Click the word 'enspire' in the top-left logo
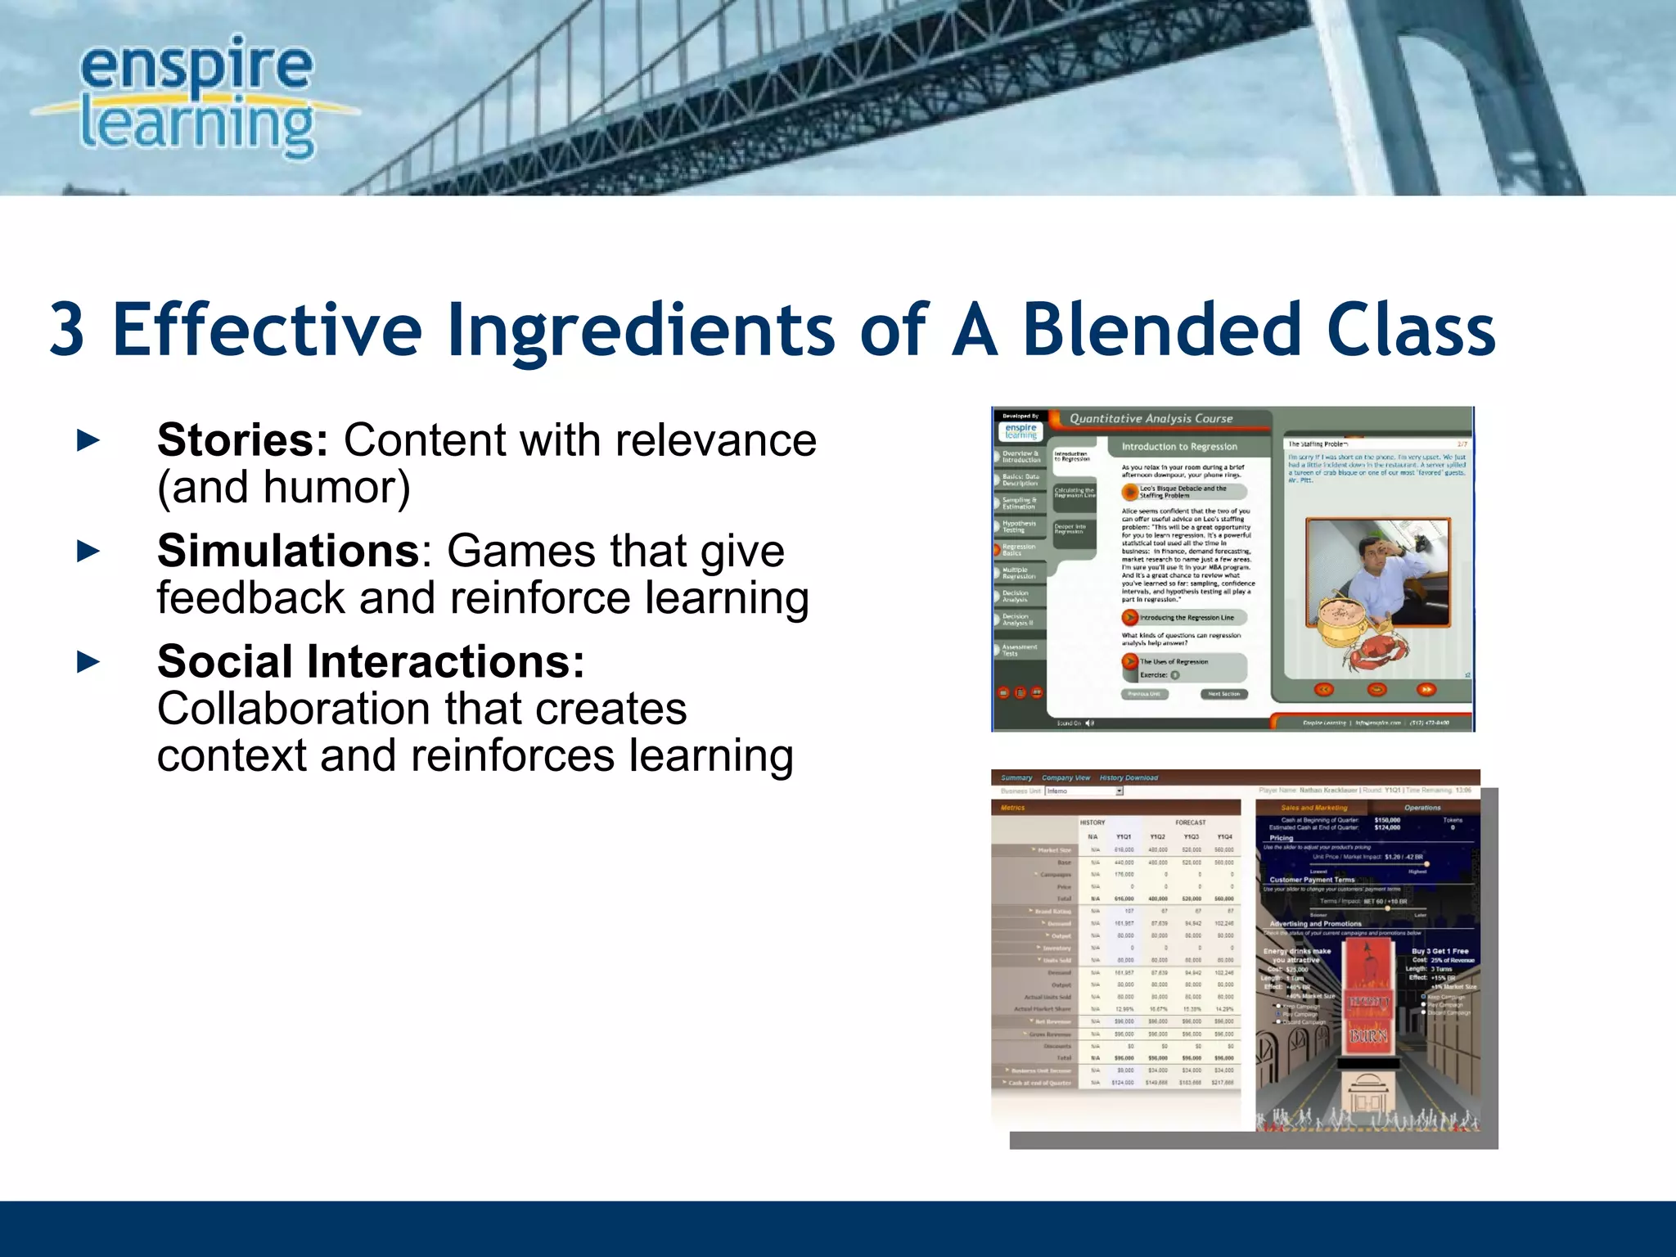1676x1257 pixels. coord(196,65)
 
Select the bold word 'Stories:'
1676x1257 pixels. coord(242,440)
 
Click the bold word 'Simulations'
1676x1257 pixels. coord(288,551)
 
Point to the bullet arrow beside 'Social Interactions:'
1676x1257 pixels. coord(88,661)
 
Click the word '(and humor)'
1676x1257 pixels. coord(283,488)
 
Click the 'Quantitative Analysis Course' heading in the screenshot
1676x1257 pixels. coord(1151,418)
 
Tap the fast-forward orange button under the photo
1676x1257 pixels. coord(1426,690)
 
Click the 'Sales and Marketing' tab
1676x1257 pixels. coord(1313,808)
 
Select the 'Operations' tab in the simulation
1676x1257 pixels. coord(1422,808)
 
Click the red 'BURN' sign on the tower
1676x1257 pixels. coord(1368,1036)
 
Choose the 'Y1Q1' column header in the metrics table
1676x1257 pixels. coord(1124,837)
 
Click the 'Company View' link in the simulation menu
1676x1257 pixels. coord(1066,777)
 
